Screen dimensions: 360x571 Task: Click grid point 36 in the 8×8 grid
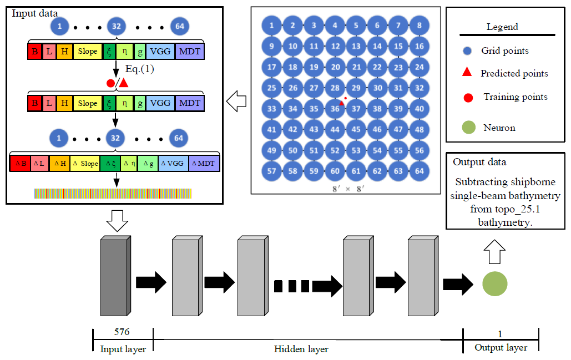(335, 109)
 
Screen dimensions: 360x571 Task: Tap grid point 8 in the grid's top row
(420, 25)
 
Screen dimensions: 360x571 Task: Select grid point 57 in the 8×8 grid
(271, 171)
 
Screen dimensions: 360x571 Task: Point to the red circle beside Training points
(468, 98)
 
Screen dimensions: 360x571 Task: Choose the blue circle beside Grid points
(468, 51)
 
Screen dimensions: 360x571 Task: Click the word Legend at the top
(502, 27)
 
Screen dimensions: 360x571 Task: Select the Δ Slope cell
(85, 163)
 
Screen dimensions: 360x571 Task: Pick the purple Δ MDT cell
(204, 163)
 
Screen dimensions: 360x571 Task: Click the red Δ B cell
(20, 163)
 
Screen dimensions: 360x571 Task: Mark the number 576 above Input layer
(122, 332)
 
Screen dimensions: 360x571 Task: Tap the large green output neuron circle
(495, 283)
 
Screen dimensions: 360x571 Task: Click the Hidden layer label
(301, 349)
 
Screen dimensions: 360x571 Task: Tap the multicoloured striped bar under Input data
(114, 193)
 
